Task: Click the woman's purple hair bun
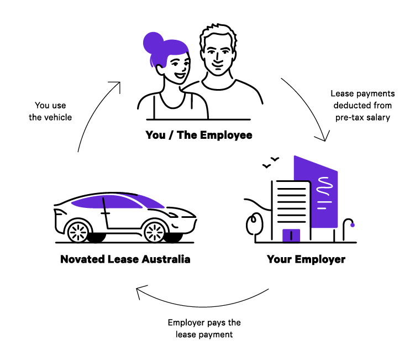point(153,43)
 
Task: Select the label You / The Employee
point(199,135)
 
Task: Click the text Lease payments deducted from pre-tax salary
point(363,106)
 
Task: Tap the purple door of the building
point(291,236)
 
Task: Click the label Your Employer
point(306,259)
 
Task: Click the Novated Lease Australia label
point(125,259)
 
